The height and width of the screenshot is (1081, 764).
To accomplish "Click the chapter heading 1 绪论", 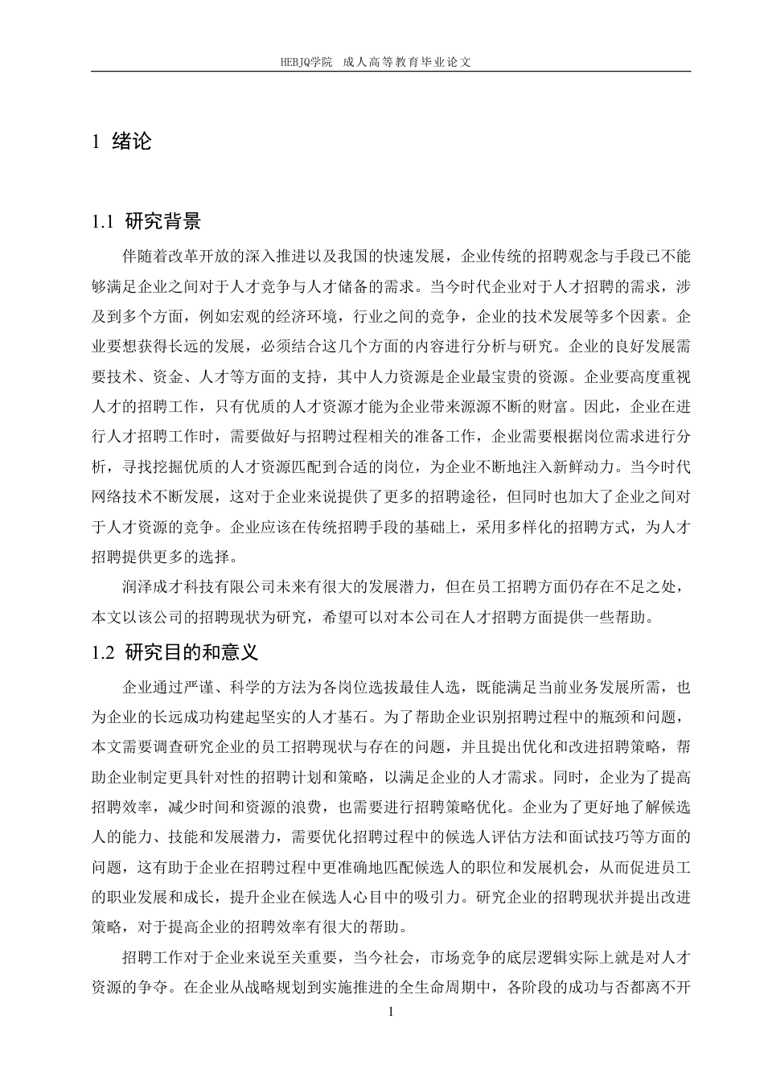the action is coord(122,142).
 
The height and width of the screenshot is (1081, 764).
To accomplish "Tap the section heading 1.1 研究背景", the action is coord(146,222).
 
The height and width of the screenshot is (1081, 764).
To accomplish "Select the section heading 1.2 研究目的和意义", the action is coord(175,651).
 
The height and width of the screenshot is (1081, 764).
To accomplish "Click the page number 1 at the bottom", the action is coord(391,1012).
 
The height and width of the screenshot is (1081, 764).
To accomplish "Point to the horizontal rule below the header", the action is coord(391,72).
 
